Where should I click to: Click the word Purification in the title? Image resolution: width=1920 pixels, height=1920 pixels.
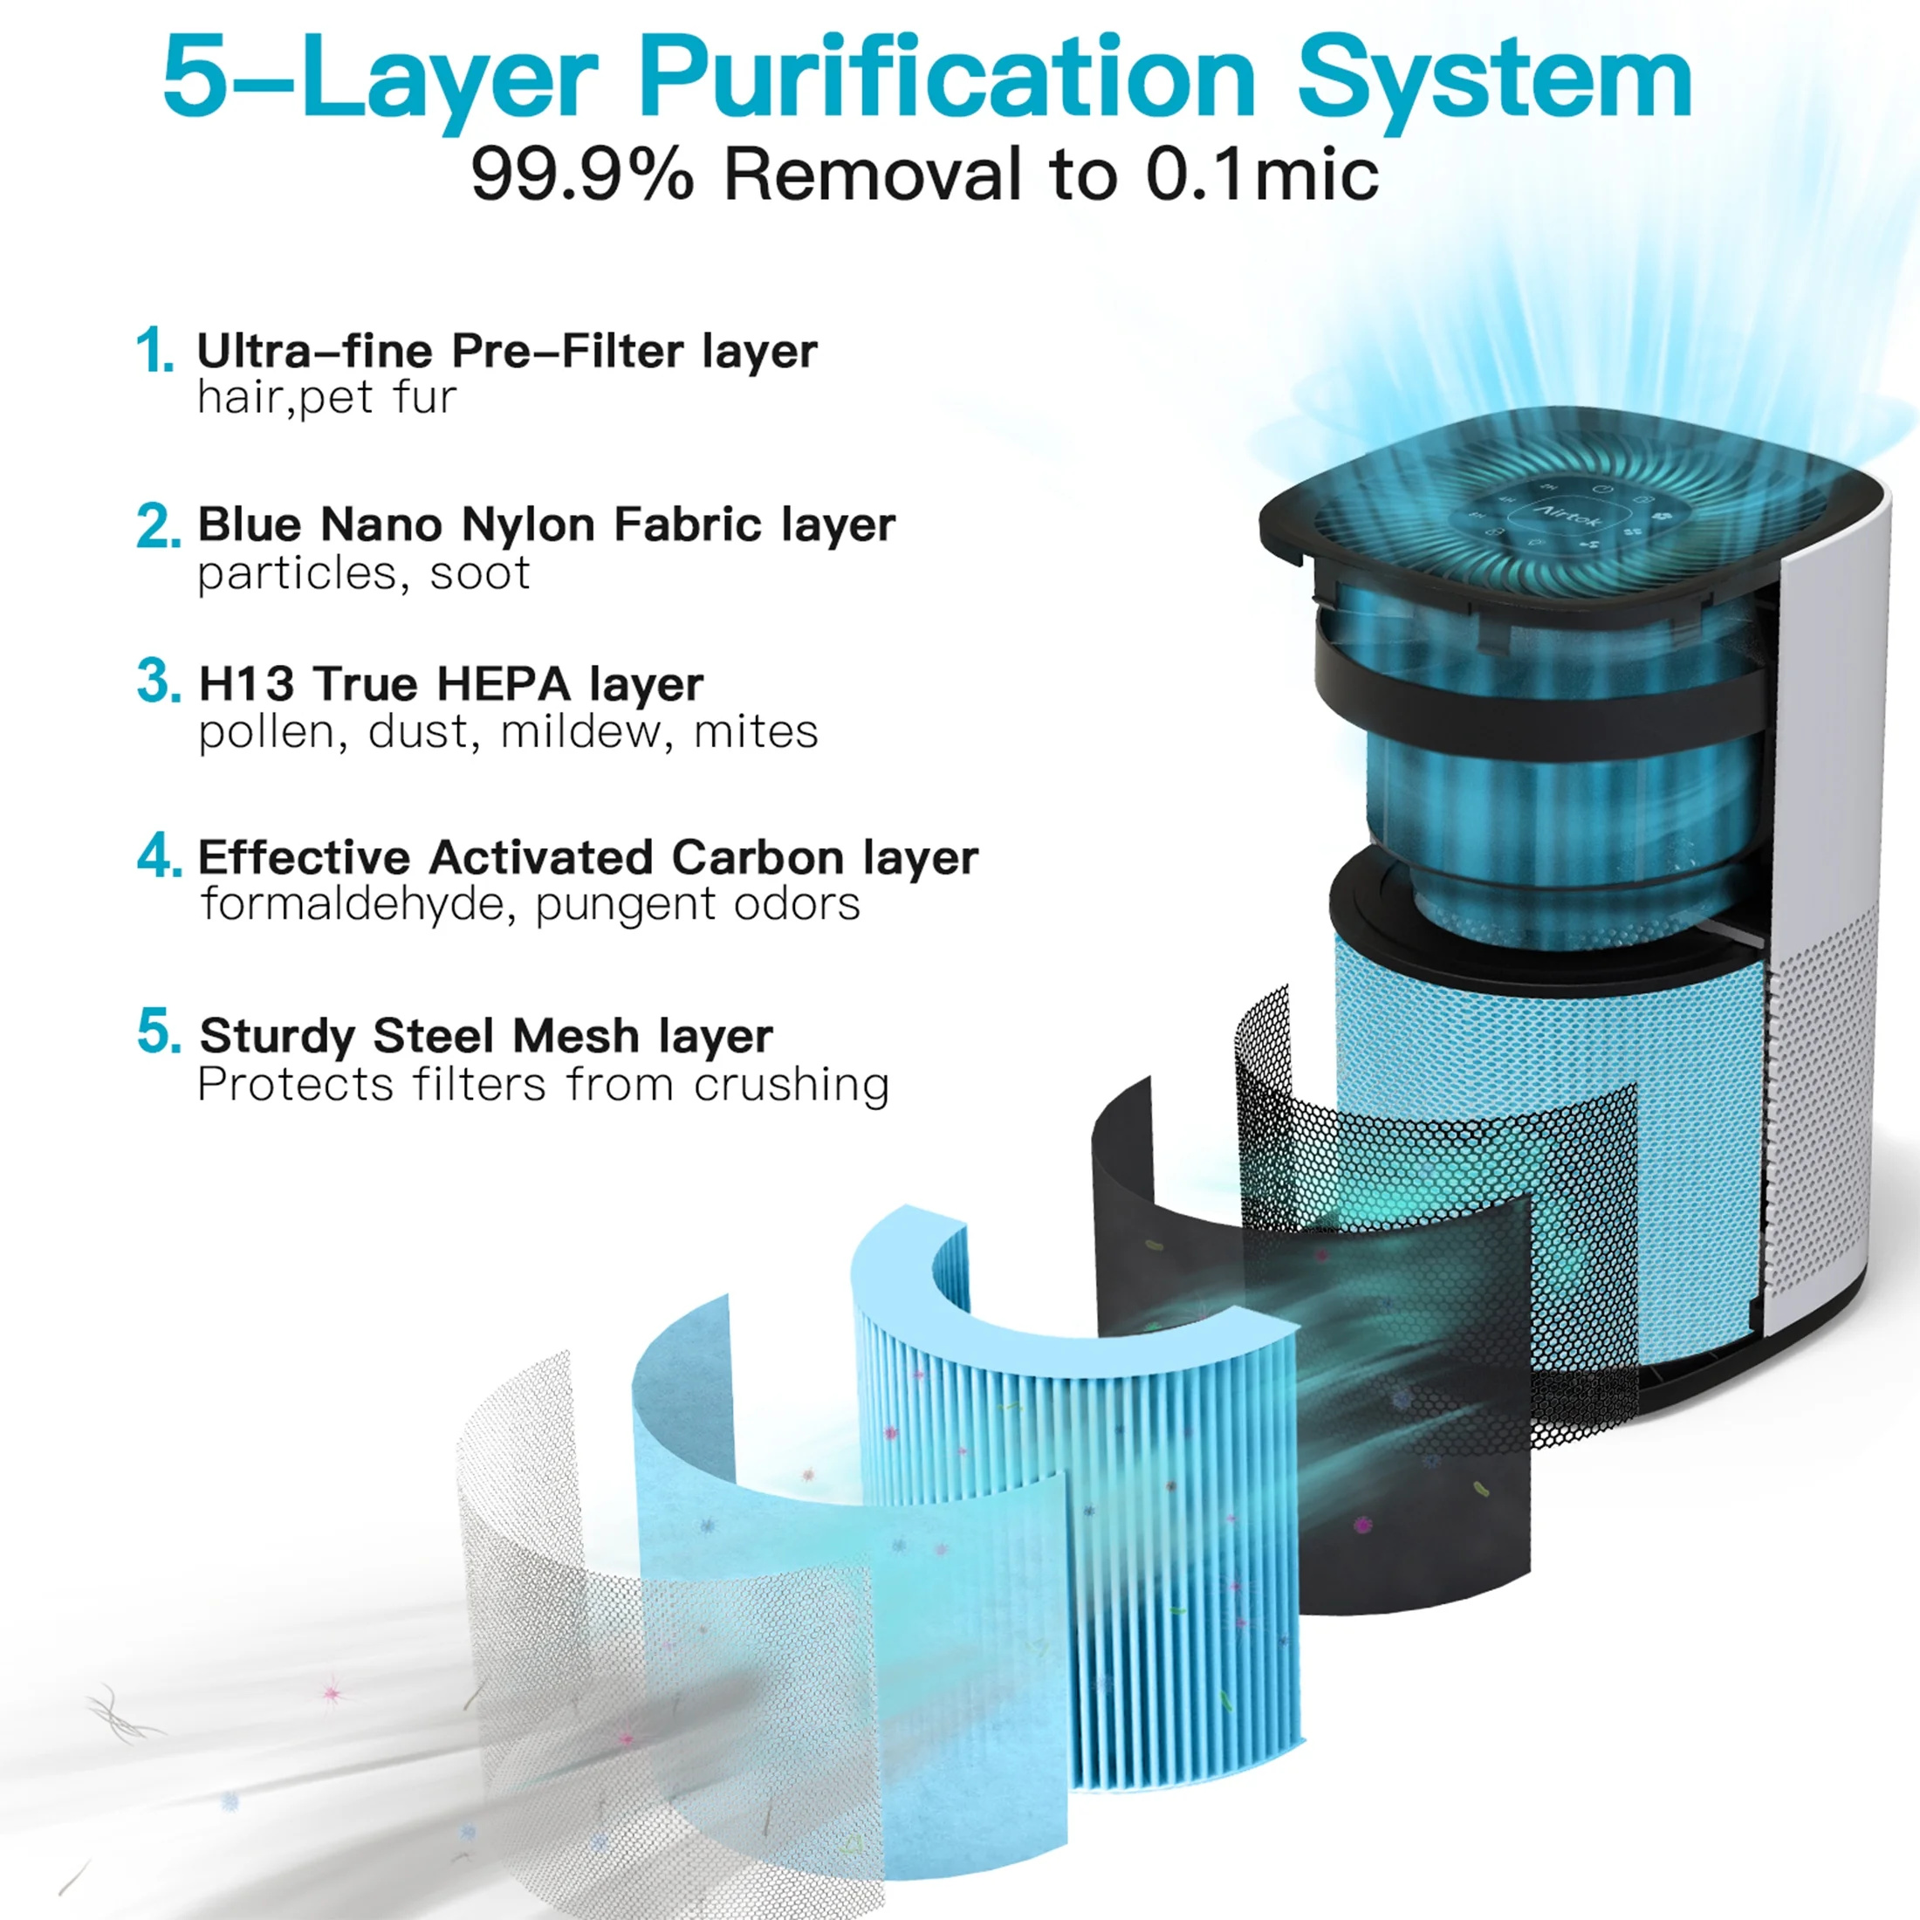coord(948,79)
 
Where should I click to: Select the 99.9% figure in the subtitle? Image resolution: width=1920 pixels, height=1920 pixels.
coord(582,175)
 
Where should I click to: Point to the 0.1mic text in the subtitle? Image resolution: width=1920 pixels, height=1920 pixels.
coord(1262,175)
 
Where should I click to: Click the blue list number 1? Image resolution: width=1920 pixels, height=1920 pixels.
coord(154,351)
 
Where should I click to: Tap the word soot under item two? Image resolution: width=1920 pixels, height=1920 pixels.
coord(480,574)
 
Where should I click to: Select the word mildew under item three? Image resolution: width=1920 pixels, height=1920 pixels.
coord(579,731)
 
